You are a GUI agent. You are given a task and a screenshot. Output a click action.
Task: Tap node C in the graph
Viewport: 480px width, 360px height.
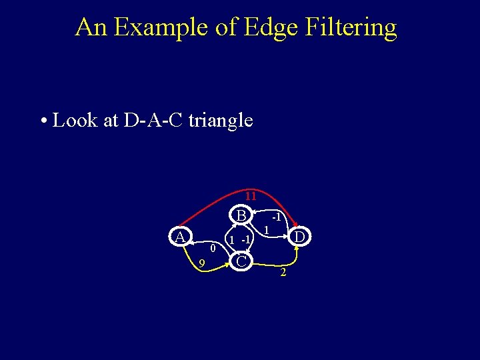242,261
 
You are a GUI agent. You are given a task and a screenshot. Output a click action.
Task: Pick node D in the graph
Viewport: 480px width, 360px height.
300,237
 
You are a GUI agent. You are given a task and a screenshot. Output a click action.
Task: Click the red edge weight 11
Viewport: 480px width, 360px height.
250,196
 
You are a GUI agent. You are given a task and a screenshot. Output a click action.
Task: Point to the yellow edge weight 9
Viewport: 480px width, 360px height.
201,265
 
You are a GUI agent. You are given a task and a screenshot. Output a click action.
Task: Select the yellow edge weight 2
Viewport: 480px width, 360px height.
283,273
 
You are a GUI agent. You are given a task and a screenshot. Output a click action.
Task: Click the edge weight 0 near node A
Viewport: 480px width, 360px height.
212,249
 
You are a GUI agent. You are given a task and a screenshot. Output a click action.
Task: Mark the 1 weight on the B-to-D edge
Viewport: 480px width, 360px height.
265,230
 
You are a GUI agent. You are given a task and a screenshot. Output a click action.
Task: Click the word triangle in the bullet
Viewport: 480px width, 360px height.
221,121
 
